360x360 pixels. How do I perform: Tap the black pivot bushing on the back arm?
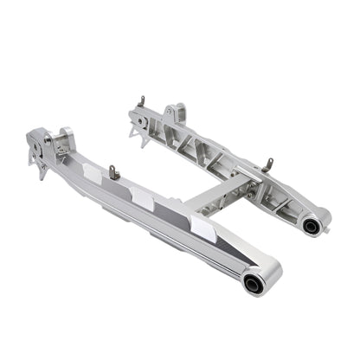(310, 226)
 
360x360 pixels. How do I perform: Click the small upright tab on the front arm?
(113, 171)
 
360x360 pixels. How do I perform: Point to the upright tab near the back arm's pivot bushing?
(269, 164)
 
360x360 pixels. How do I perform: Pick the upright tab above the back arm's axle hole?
(140, 102)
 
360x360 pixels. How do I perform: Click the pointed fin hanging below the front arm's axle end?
(41, 169)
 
